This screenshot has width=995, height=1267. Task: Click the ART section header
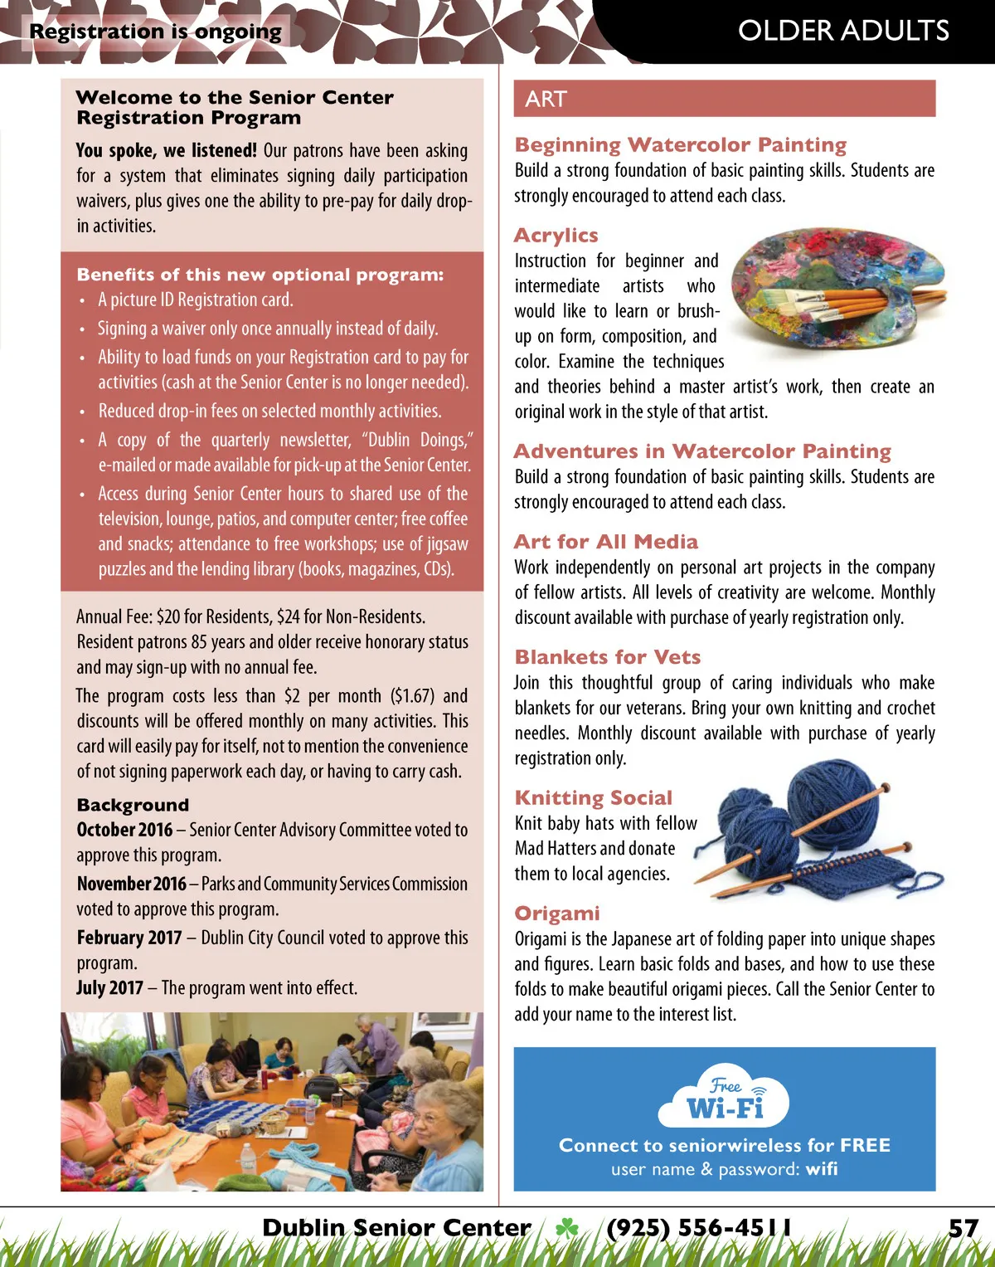(x=546, y=99)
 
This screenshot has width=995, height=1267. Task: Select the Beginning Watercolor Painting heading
(x=680, y=145)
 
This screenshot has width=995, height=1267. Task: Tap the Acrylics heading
(x=556, y=236)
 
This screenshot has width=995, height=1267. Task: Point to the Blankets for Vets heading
(x=607, y=657)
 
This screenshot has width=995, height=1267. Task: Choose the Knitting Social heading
(x=593, y=797)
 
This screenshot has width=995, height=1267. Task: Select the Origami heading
(x=556, y=914)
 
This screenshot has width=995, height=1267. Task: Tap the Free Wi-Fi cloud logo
(x=724, y=1097)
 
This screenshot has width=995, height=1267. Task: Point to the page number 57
(x=963, y=1228)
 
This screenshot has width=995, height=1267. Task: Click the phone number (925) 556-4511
(x=698, y=1228)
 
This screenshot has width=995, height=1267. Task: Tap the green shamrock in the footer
(x=567, y=1228)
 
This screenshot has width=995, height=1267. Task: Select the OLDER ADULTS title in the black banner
(x=843, y=31)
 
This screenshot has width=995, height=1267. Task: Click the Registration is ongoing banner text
(x=155, y=32)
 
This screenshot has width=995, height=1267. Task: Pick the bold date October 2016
(x=124, y=830)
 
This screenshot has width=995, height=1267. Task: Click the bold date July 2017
(x=109, y=987)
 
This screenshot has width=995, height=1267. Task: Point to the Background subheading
(x=133, y=805)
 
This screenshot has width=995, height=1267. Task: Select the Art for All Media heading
(x=605, y=542)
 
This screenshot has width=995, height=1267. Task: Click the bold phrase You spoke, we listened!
(x=166, y=150)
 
